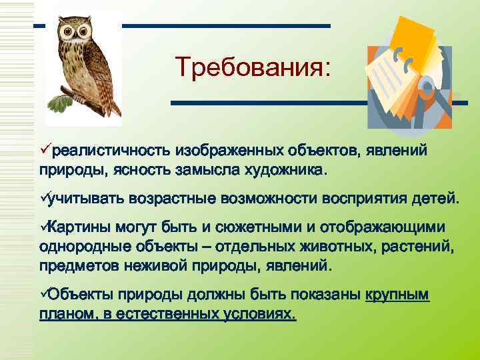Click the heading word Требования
pyautogui.click(x=252, y=68)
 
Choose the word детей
pyautogui.click(x=435, y=198)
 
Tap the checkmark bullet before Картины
pyautogui.click(x=44, y=227)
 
